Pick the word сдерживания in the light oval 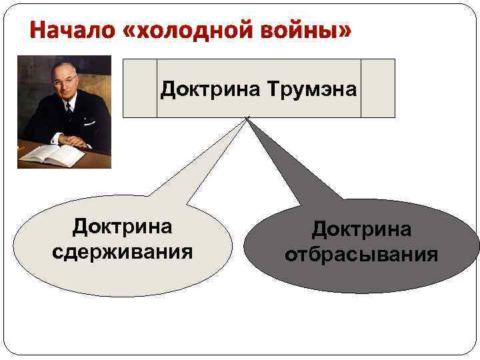coord(122,253)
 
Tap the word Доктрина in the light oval coord(122,227)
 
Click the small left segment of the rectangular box coord(139,88)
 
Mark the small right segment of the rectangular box coord(378,88)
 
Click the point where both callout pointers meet coord(247,119)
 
